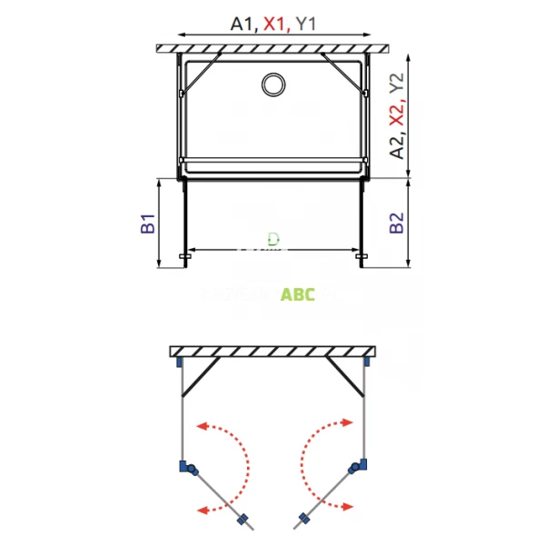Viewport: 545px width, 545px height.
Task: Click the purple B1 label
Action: tap(147, 223)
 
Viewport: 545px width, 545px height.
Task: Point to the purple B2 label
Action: tap(396, 223)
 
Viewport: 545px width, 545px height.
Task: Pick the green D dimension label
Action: tap(272, 240)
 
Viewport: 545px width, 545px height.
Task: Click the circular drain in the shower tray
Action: tap(272, 85)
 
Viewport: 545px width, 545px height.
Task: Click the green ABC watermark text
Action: tap(298, 294)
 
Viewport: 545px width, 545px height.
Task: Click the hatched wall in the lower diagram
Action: tap(272, 351)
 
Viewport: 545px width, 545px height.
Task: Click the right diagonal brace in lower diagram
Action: tap(346, 376)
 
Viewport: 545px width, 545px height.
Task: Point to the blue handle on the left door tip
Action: tap(243, 521)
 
